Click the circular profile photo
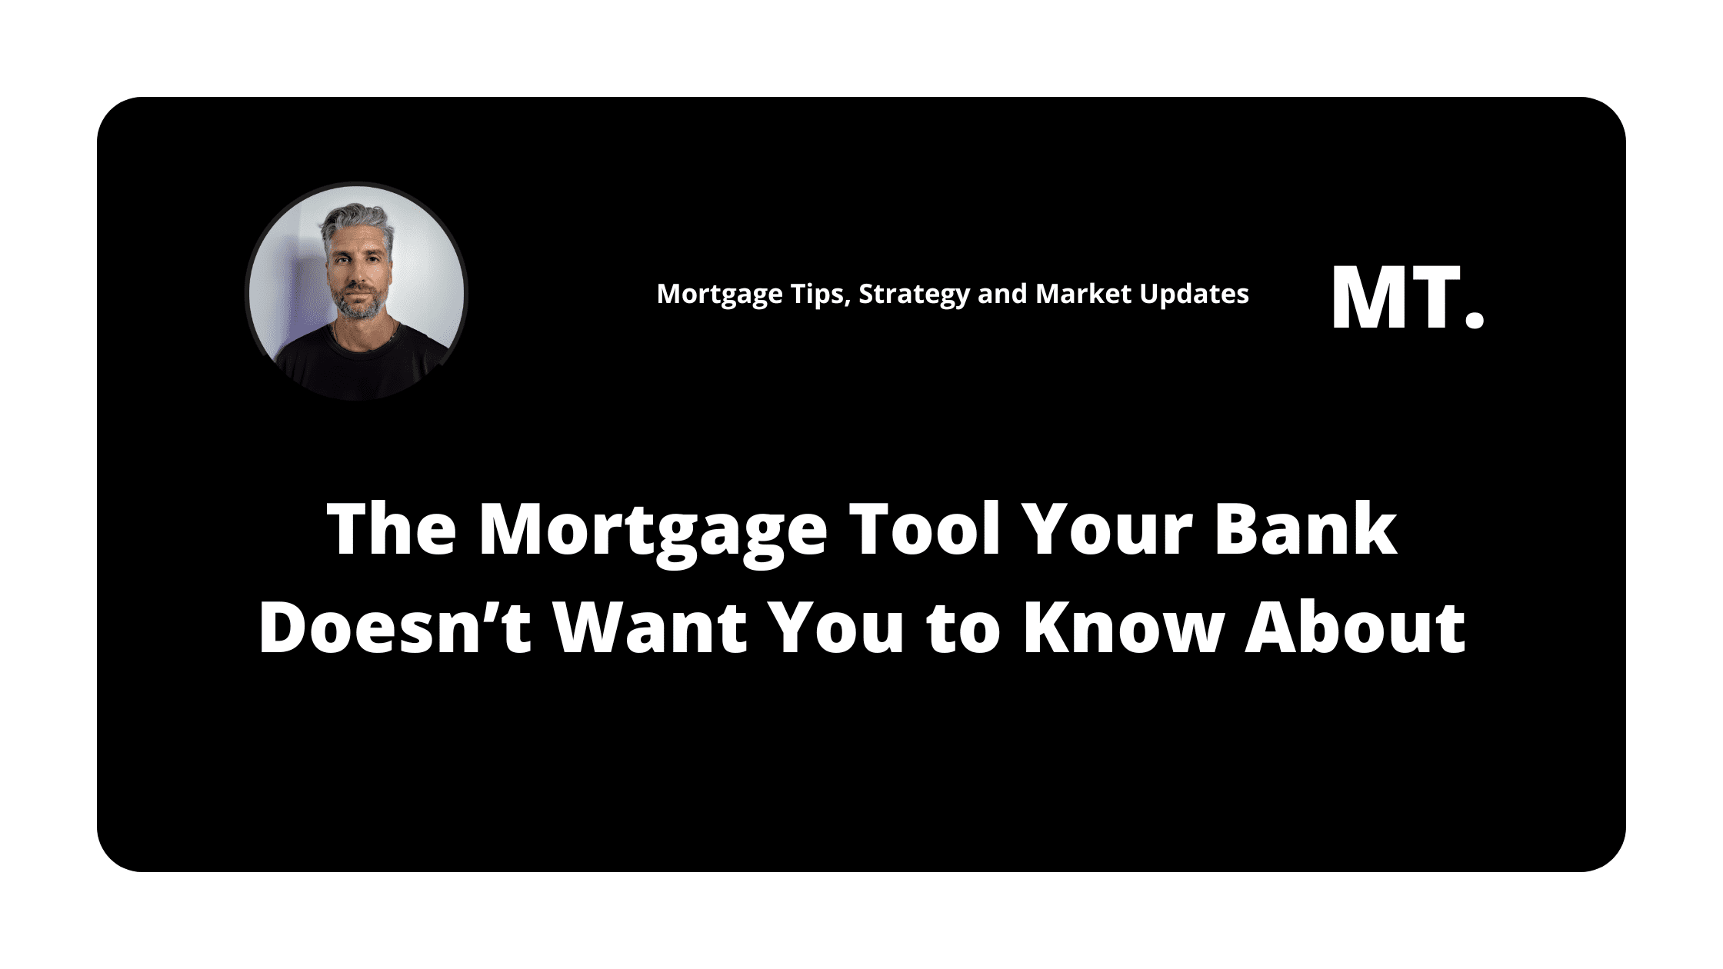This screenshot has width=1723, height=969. click(x=356, y=292)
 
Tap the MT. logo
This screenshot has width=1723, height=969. click(x=1407, y=298)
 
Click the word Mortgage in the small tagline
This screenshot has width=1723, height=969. click(x=715, y=295)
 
